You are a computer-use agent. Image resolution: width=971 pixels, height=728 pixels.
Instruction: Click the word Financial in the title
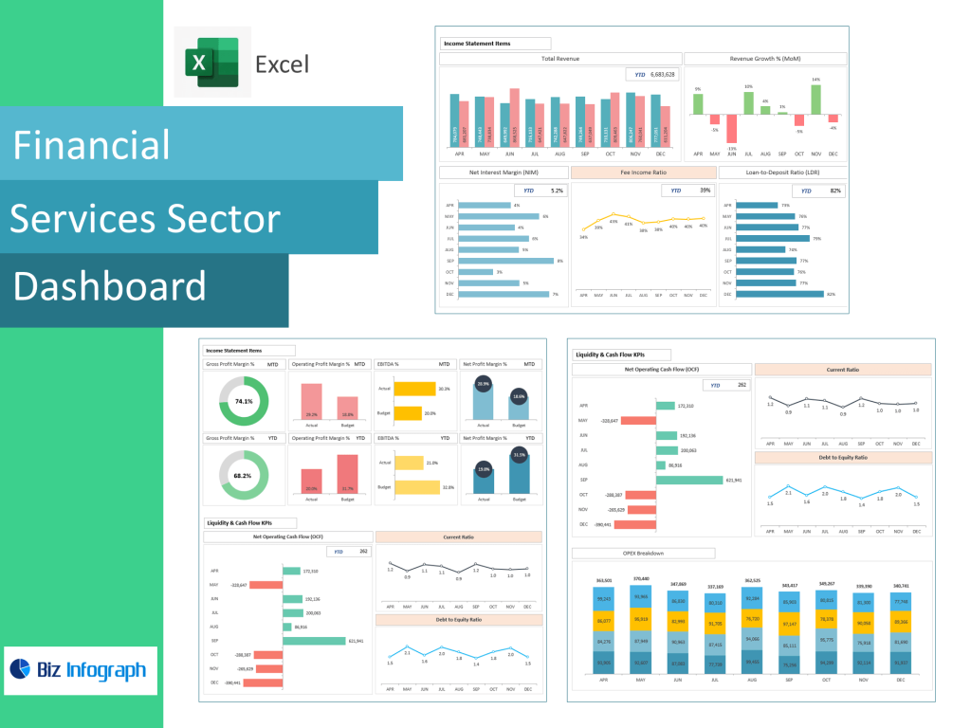pos(91,145)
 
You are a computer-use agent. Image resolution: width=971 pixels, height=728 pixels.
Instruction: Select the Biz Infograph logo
pos(81,670)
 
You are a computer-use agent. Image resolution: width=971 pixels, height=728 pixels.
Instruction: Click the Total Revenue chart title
pos(560,59)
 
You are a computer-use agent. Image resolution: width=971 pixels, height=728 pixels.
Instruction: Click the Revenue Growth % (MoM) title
pos(764,59)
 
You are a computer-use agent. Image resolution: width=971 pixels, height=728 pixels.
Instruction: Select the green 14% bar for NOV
pos(815,100)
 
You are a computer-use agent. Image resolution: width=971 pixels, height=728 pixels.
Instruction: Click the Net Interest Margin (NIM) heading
pos(503,173)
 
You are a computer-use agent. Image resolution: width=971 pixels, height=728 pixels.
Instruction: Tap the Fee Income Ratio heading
pos(644,173)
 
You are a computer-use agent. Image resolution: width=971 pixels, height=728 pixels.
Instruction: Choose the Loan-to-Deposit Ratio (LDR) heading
pos(782,173)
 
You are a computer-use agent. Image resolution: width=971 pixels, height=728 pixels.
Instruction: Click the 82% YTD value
pos(835,191)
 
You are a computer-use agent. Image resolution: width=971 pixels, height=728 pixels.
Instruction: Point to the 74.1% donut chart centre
pos(244,401)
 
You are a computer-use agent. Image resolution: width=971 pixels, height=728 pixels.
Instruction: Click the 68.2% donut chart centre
pos(244,475)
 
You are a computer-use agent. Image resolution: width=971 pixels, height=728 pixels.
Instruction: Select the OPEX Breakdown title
pos(643,553)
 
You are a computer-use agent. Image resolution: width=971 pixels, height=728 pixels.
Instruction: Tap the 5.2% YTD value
pos(557,191)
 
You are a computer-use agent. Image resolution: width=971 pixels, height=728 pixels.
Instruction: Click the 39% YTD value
pos(705,191)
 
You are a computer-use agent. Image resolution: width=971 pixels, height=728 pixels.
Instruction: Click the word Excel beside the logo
pos(282,64)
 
